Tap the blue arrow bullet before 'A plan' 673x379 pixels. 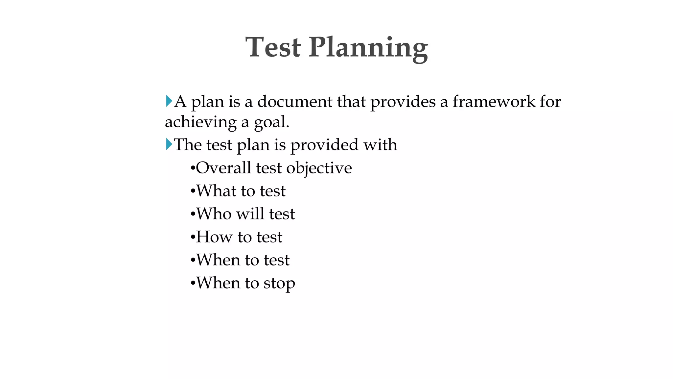(169, 101)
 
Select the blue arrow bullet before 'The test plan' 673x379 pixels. (169, 144)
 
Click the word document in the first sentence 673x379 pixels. (295, 101)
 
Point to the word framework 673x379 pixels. (494, 101)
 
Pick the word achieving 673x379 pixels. (200, 122)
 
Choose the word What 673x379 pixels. (216, 191)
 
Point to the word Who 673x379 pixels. (214, 214)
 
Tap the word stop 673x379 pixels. (279, 284)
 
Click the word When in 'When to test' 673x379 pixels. (218, 260)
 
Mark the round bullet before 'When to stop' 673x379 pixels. (193, 283)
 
